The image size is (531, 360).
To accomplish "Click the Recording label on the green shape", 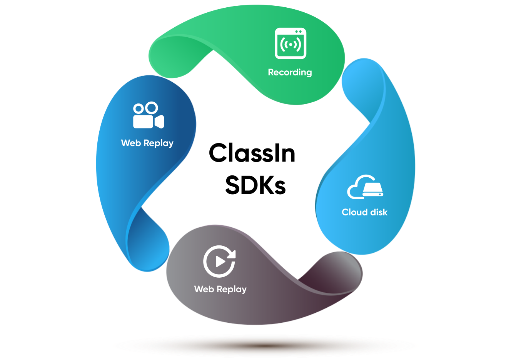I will point(290,72).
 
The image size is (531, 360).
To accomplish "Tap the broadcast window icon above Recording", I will point(291,43).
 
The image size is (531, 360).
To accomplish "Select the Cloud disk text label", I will point(364,212).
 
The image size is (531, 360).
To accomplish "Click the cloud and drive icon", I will point(365,187).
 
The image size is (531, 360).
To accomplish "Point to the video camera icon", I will point(148,115).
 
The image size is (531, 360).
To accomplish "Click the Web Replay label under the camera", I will point(147,143).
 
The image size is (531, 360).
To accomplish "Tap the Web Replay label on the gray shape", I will point(220,289).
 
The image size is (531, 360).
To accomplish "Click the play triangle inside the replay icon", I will point(220,262).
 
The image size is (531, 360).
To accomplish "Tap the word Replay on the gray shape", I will point(231,290).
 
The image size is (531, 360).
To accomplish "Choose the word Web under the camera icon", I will point(131,143).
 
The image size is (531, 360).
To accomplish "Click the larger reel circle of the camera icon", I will point(152,108).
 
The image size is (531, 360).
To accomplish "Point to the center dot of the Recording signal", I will point(291,45).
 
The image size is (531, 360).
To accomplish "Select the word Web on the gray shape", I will point(204,289).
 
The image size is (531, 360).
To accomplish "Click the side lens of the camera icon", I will point(159,121).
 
